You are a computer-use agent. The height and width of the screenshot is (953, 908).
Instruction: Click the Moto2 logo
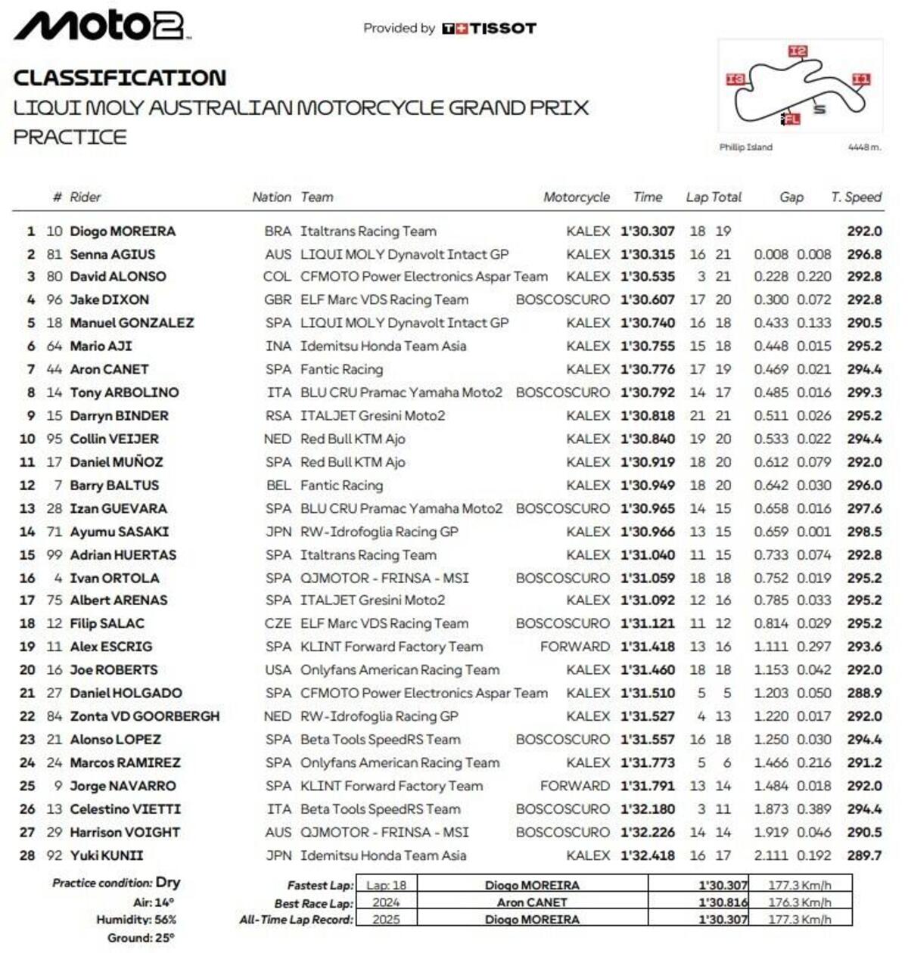click(x=101, y=26)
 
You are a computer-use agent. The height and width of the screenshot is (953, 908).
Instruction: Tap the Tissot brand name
click(x=502, y=29)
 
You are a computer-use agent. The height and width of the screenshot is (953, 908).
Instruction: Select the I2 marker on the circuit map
click(x=798, y=51)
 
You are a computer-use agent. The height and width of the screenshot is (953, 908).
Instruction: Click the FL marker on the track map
click(x=791, y=119)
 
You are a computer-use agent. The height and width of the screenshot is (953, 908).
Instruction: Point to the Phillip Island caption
click(x=745, y=147)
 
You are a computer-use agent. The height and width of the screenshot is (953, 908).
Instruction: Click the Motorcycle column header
click(x=576, y=197)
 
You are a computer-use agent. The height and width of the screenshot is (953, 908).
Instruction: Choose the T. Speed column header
click(x=856, y=197)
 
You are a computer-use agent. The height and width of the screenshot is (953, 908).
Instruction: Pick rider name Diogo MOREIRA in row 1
click(x=123, y=231)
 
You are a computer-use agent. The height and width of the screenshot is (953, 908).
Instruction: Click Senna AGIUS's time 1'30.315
click(x=647, y=255)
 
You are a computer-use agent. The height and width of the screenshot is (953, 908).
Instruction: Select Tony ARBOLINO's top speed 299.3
click(x=864, y=393)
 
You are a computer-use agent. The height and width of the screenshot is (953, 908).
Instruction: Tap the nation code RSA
click(x=278, y=416)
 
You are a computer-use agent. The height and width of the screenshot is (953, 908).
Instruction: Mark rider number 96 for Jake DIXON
click(x=54, y=300)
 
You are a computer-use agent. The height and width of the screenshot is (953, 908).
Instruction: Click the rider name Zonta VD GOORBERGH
click(x=145, y=716)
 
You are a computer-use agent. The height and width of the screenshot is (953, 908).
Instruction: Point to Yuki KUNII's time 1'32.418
click(x=647, y=855)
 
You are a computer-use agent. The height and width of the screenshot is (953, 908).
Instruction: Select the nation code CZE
click(x=278, y=624)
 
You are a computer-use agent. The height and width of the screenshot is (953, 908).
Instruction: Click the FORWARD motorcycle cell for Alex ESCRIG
click(x=574, y=647)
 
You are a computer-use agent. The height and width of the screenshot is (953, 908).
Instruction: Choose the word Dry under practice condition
click(x=168, y=883)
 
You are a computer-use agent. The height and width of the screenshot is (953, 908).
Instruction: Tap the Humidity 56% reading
click(x=136, y=920)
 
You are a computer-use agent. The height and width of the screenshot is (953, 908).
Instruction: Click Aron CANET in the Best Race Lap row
click(x=532, y=902)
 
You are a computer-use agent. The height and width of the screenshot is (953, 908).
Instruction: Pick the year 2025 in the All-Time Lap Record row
click(x=386, y=920)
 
